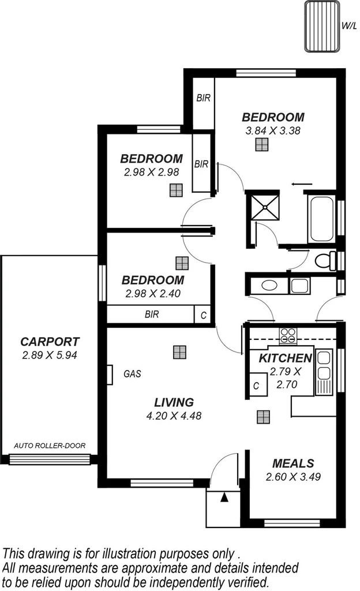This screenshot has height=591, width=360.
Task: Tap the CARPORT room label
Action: coord(50,342)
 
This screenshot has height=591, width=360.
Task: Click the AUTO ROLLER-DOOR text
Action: coord(50,446)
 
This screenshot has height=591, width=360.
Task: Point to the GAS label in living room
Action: coord(132,373)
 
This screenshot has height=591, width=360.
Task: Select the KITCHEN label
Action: coord(285,358)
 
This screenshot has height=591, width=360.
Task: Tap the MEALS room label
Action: coord(293,463)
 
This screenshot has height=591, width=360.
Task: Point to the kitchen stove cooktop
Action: coord(288,334)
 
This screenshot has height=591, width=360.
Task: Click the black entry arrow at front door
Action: coord(224,496)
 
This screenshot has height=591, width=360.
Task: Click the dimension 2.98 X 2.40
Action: coord(153,293)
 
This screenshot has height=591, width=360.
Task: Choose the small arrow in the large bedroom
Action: coord(299,185)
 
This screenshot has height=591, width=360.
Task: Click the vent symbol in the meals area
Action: coord(264,417)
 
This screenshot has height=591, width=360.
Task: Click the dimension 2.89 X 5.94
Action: coord(50,356)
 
